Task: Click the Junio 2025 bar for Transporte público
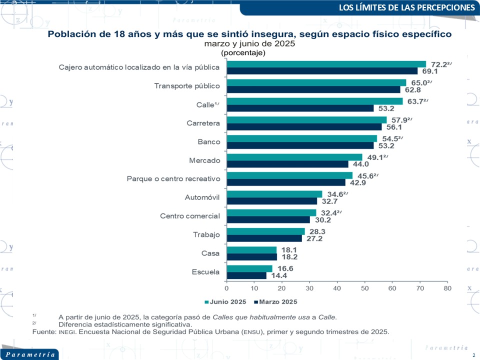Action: pos(316,82)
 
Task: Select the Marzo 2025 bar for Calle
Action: pos(300,108)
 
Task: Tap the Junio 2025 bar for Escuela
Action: pos(249,268)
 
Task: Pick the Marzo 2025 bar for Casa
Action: pos(251,257)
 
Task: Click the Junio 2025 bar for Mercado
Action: pos(294,157)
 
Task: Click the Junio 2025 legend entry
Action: pos(225,302)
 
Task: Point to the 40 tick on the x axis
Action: pos(337,288)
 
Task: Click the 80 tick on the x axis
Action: pos(447,288)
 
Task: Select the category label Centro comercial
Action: pos(190,216)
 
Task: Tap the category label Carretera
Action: pos(202,123)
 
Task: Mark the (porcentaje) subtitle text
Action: pos(243,52)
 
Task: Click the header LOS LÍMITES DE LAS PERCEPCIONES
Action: pos(406,7)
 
